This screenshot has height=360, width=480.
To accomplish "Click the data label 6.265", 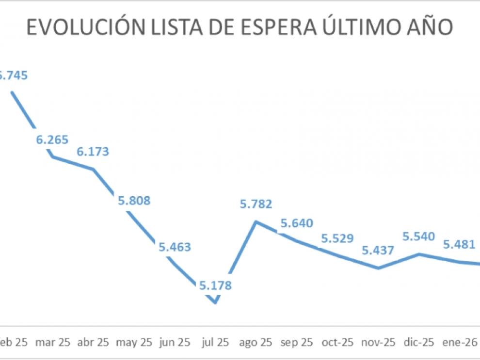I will [52, 140].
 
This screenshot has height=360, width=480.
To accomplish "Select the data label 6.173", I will [93, 152].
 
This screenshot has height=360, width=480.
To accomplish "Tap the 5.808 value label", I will [134, 200].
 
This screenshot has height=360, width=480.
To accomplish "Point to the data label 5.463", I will [175, 247].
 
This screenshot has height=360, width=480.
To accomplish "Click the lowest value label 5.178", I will [215, 285].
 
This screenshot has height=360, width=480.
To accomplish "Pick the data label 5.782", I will [256, 204].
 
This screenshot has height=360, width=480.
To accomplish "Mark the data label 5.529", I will [337, 239].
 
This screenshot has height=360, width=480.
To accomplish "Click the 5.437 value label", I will [378, 250].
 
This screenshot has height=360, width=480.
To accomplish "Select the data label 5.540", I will [419, 237].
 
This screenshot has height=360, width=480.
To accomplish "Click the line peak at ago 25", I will [256, 221].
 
